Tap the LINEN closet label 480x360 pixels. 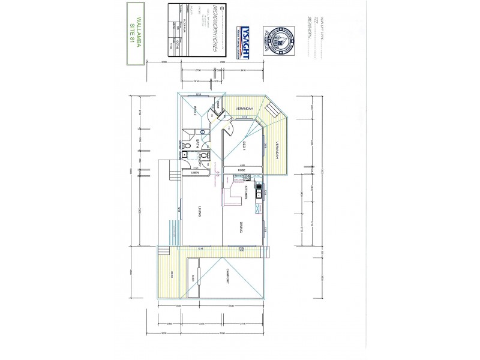click(195, 173)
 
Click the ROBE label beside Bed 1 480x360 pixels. click(241, 170)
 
